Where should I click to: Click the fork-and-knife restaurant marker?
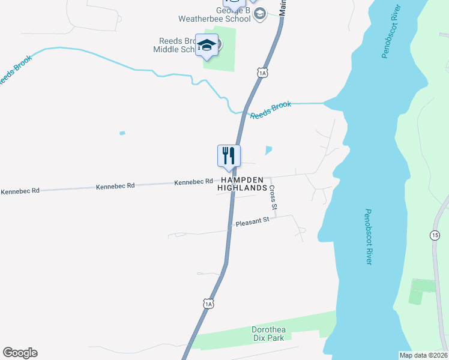[x=229, y=156]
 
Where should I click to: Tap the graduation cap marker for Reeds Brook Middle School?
[x=207, y=46]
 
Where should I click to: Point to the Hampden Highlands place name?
[x=243, y=184]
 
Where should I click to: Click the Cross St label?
[x=273, y=197]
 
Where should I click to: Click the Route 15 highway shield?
[x=435, y=235]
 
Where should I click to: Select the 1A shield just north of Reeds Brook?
[x=262, y=73]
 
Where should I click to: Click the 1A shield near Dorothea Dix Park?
[x=208, y=304]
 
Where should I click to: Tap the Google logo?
[x=20, y=353]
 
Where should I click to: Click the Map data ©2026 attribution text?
[x=423, y=355]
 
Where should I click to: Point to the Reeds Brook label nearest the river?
[x=271, y=110]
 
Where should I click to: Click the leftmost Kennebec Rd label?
[x=20, y=191]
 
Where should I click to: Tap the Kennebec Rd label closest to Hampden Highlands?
[x=193, y=181]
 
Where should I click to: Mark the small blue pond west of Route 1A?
[x=122, y=133]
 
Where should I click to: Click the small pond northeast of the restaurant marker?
[x=268, y=150]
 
